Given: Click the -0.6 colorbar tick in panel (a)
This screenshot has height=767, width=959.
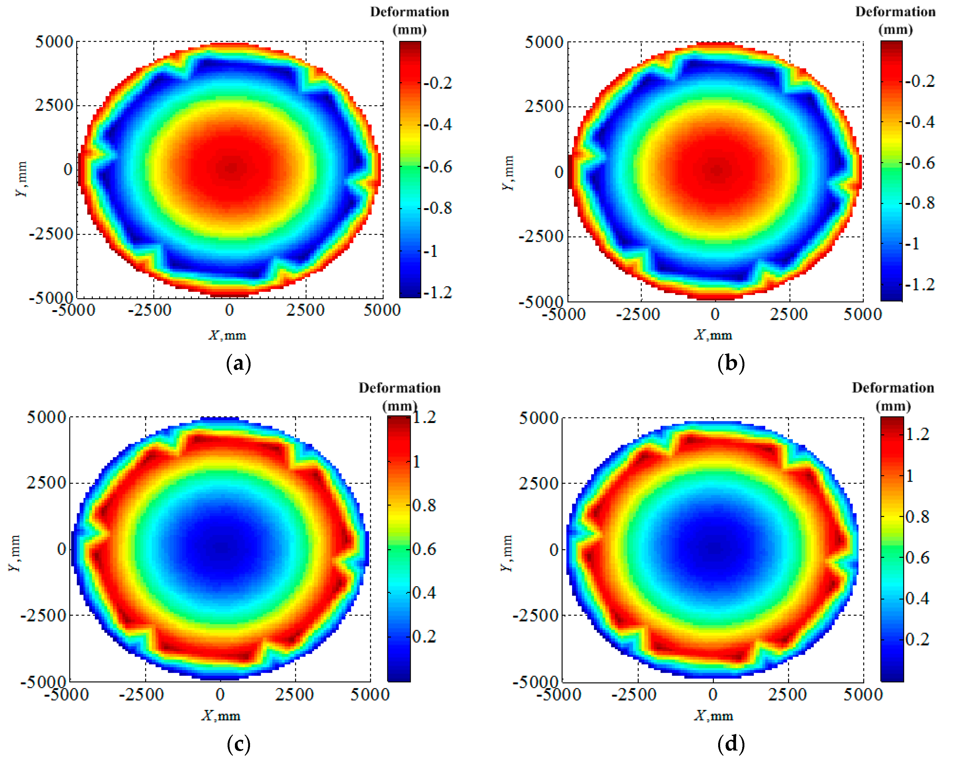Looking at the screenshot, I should point(438,167).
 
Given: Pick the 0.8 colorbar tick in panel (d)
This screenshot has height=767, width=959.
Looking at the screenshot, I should point(918,517).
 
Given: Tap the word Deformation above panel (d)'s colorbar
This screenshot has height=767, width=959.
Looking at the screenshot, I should point(893,388).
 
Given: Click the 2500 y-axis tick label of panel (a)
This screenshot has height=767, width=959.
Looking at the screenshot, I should point(54,106).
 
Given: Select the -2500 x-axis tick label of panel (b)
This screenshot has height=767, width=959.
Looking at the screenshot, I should point(638,314).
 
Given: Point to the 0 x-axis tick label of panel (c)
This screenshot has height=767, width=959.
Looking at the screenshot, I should point(220,694).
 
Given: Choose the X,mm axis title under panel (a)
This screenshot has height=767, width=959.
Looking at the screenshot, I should point(227,335).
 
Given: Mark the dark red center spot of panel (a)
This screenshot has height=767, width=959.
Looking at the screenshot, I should point(232,168).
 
